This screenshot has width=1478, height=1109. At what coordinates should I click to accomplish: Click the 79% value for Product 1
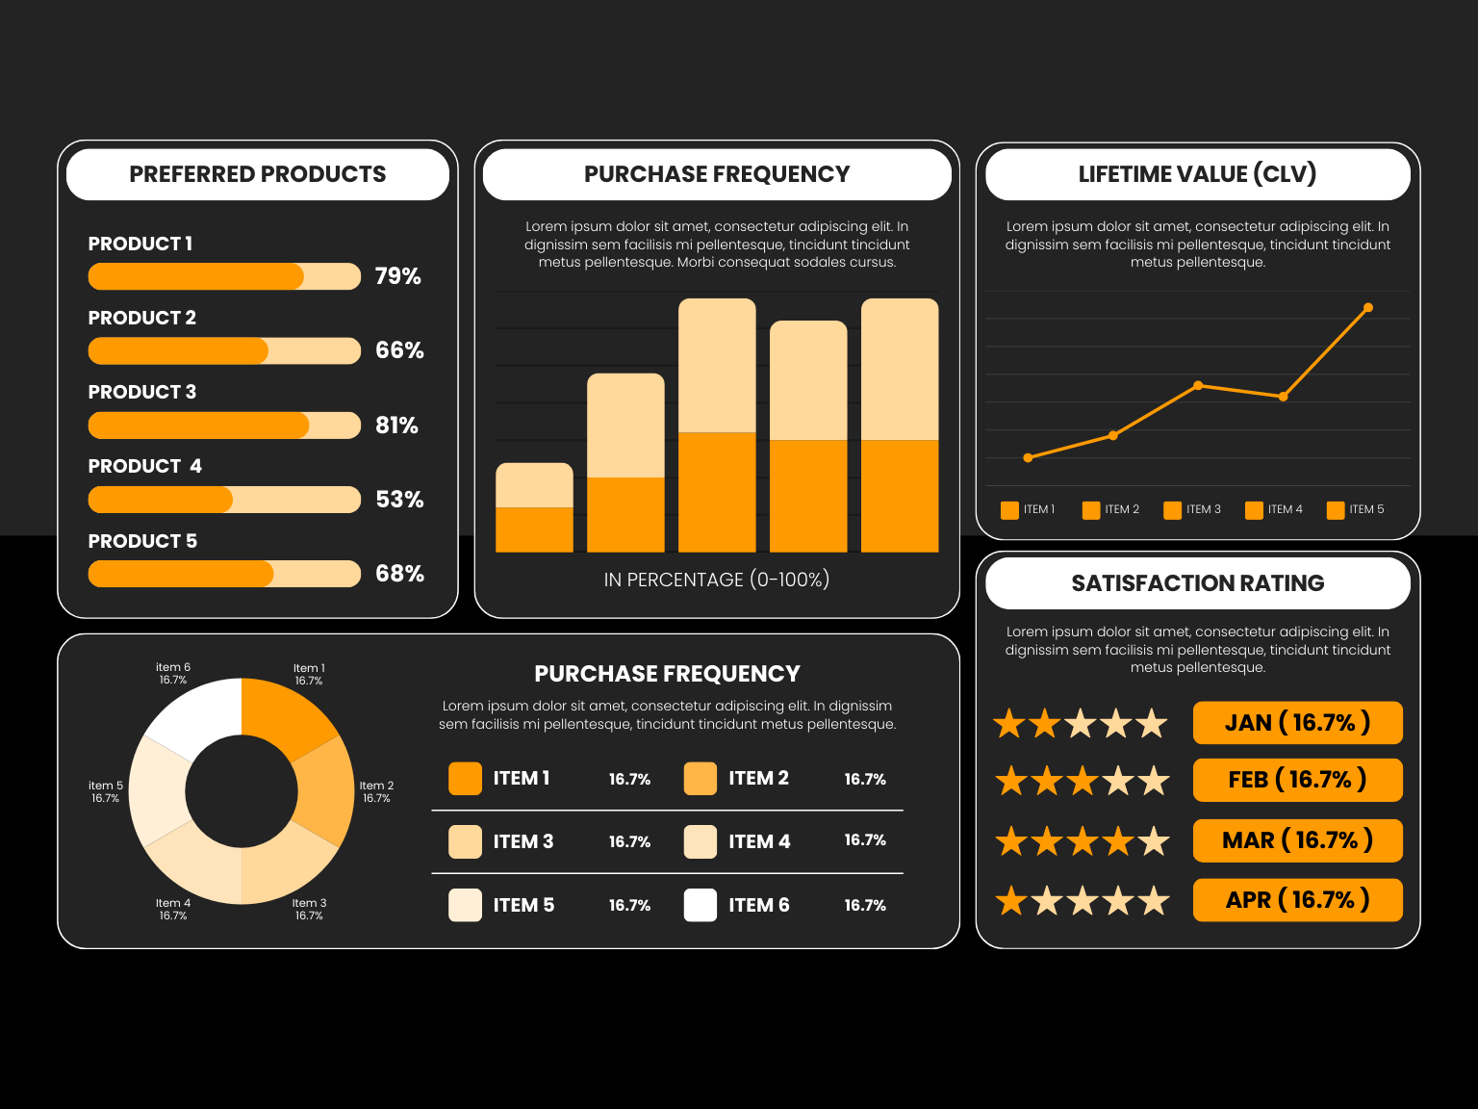pyautogui.click(x=397, y=276)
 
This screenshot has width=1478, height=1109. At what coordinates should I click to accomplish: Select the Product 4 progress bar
pyautogui.click(x=224, y=500)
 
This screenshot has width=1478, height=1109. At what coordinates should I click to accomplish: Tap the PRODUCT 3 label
pyautogui.click(x=141, y=392)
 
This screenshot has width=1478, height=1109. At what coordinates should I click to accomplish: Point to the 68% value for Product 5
pyautogui.click(x=399, y=574)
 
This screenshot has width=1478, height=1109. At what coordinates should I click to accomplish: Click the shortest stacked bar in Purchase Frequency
pyautogui.click(x=534, y=508)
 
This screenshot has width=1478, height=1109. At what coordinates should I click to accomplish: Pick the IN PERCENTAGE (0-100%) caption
pyautogui.click(x=716, y=580)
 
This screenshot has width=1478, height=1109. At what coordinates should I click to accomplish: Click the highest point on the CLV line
pyautogui.click(x=1367, y=308)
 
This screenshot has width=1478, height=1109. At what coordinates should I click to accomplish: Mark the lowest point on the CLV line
pyautogui.click(x=1028, y=458)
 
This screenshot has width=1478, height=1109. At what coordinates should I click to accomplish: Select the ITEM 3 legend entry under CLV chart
pyautogui.click(x=1193, y=509)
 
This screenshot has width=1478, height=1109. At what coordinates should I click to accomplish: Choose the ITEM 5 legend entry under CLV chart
pyautogui.click(x=1356, y=509)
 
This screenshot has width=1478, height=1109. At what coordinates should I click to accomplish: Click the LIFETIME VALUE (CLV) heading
pyautogui.click(x=1197, y=174)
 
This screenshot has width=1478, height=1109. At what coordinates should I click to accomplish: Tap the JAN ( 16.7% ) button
pyautogui.click(x=1297, y=723)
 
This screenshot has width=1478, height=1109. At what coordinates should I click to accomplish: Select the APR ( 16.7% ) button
pyautogui.click(x=1297, y=900)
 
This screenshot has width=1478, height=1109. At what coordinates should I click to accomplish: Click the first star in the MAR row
pyautogui.click(x=1010, y=841)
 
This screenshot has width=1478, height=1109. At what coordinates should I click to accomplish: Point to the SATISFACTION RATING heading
pyautogui.click(x=1197, y=583)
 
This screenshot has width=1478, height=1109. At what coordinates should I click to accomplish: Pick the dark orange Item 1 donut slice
pyautogui.click(x=286, y=716)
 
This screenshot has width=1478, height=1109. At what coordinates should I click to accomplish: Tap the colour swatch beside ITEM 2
pyautogui.click(x=701, y=779)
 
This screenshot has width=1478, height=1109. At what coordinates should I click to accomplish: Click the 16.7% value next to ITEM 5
pyautogui.click(x=629, y=906)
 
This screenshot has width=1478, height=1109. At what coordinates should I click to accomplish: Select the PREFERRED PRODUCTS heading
pyautogui.click(x=257, y=174)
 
